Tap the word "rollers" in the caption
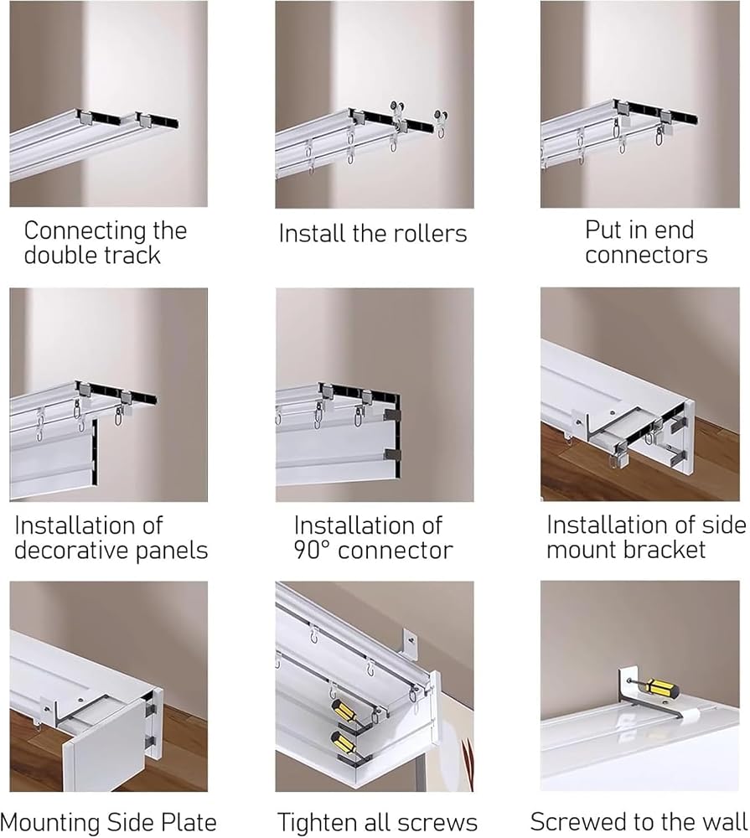[x=430, y=234]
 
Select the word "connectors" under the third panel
[x=646, y=255]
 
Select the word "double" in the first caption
[x=59, y=255]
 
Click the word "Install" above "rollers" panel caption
[x=313, y=234]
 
